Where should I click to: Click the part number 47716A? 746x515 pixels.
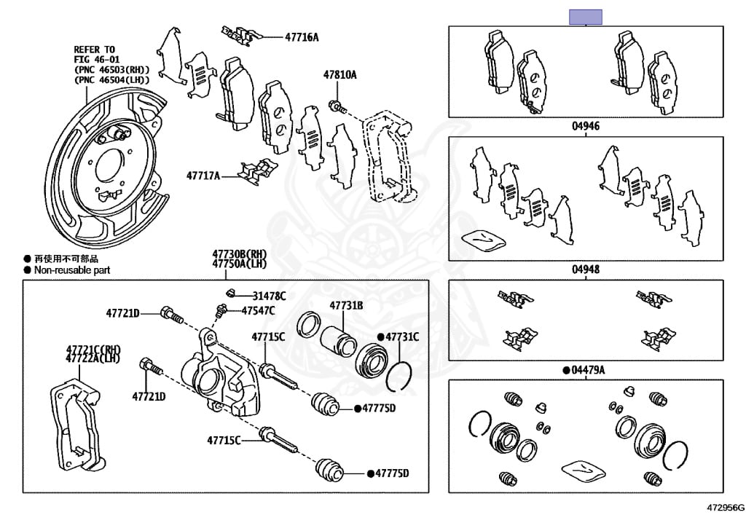click(x=302, y=36)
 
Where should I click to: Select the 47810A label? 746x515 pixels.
click(x=340, y=75)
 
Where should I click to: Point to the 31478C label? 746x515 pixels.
click(x=270, y=296)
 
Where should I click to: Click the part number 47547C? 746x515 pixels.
click(x=259, y=311)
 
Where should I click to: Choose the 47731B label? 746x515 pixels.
click(x=346, y=306)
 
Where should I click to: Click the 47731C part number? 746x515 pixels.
click(x=402, y=337)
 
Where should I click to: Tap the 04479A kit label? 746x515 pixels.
click(x=588, y=370)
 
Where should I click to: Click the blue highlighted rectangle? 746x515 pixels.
click(x=586, y=17)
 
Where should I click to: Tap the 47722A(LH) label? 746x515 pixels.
click(x=93, y=358)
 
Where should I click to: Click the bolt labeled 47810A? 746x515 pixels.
click(x=336, y=106)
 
